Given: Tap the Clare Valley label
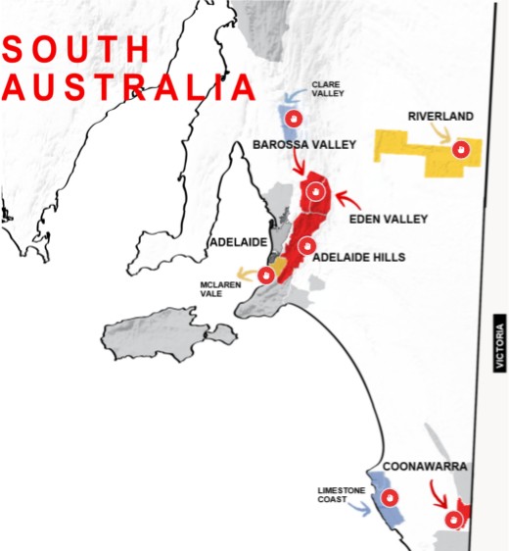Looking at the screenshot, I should click(x=327, y=89).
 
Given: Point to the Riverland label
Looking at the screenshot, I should click(x=440, y=117).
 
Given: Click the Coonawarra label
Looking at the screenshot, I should click(x=423, y=466).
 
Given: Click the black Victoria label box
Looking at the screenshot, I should click(x=500, y=341).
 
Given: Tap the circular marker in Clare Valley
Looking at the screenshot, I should click(x=292, y=120).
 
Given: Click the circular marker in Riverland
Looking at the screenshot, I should click(x=461, y=149).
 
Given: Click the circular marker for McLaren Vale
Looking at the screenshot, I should click(x=264, y=275).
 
